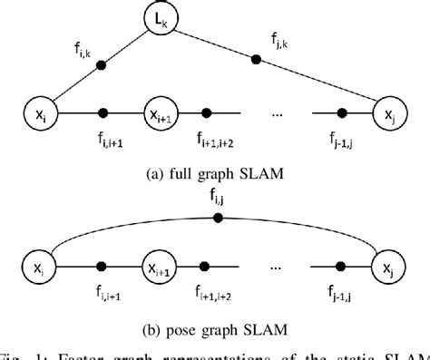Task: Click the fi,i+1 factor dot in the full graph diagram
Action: [103, 114]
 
